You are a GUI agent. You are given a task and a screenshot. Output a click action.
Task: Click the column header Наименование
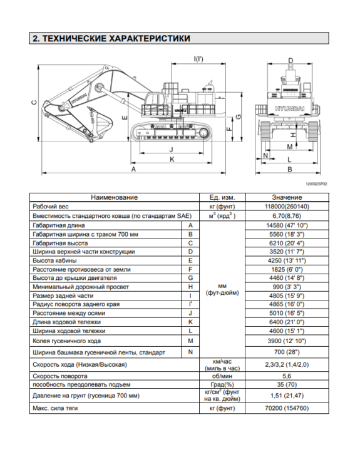tap(114, 197)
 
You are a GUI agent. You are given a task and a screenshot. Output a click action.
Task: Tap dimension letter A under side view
tap(133, 170)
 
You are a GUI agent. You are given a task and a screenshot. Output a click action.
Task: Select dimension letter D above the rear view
tap(290, 61)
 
